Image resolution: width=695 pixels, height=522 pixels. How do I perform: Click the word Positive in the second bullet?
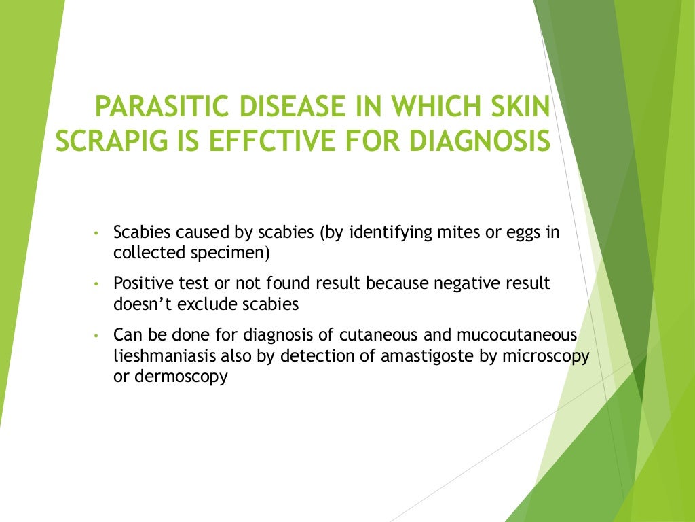click(x=139, y=283)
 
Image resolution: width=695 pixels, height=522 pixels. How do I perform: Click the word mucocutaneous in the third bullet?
click(x=521, y=335)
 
